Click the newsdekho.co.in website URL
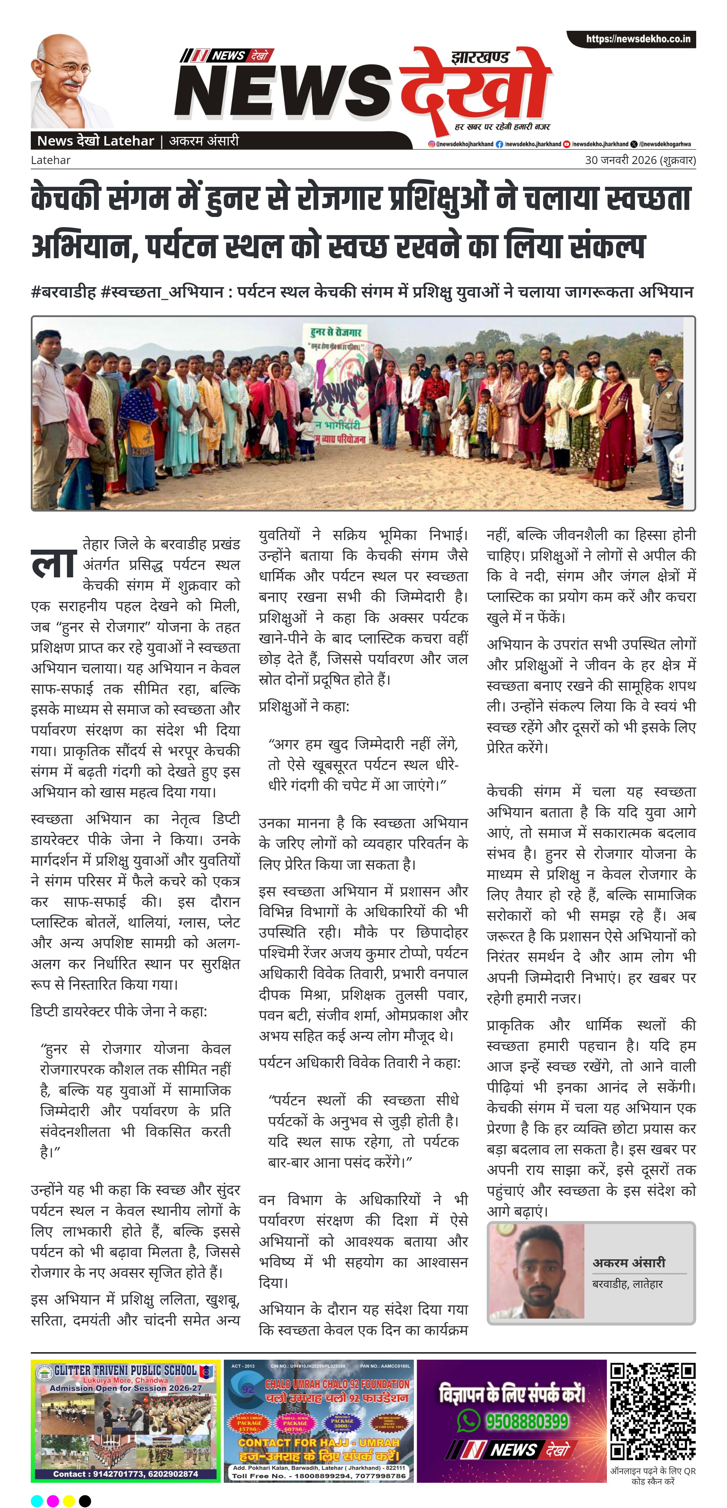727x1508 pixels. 638,39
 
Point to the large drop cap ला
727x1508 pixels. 54,563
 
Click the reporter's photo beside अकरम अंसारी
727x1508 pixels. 536,1271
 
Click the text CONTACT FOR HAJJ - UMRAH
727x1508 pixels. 318,1443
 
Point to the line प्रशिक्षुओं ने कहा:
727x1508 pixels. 304,707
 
